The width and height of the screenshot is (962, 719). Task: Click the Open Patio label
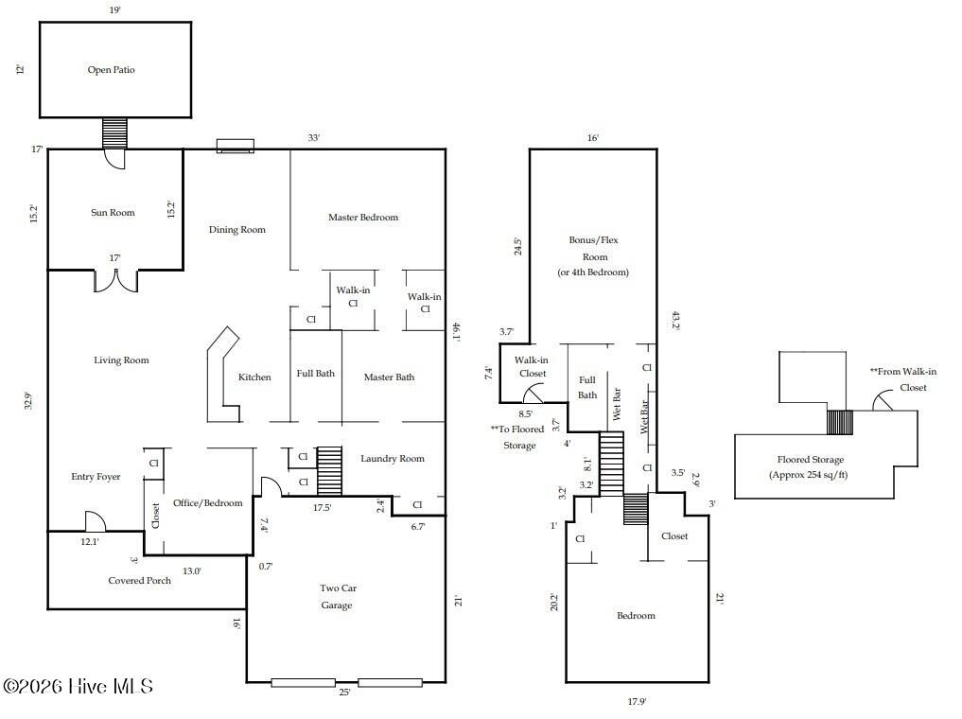click(112, 70)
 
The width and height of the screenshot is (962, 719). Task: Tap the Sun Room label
click(113, 213)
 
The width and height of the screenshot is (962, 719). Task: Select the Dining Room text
click(236, 230)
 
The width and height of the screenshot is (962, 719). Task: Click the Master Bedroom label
click(363, 218)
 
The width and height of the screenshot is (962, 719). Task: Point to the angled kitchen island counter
click(223, 375)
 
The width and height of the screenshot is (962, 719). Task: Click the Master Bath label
click(390, 377)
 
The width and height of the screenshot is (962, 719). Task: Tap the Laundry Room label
click(393, 459)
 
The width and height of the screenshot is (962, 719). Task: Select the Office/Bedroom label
click(207, 503)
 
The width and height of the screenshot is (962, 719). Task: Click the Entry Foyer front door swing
click(95, 521)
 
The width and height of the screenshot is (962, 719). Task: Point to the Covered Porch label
click(140, 581)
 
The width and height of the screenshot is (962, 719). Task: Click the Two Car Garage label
click(336, 596)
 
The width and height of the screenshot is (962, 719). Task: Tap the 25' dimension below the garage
click(345, 693)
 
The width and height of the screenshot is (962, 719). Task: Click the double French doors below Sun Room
click(115, 281)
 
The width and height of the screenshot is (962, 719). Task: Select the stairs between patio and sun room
click(114, 132)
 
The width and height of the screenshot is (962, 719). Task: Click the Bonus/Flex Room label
click(593, 256)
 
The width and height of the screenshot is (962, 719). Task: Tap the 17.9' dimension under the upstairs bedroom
click(637, 702)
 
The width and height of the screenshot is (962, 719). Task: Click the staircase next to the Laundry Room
click(329, 471)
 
